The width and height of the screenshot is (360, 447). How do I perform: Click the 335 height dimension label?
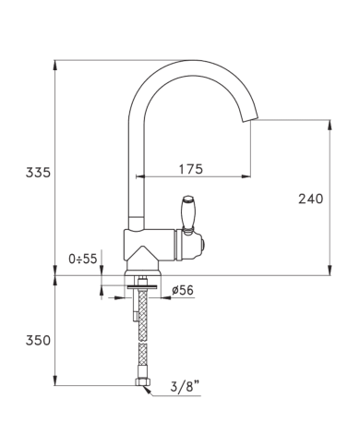38,173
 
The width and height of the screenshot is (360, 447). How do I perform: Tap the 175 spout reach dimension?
191,169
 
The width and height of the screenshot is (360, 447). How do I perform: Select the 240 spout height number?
310,199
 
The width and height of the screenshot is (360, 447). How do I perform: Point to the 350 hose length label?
38,341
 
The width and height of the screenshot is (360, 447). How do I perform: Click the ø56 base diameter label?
183,290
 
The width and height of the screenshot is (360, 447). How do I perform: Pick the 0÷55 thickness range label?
83,259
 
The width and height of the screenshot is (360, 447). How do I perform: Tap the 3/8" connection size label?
186,386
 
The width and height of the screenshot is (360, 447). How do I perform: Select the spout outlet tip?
249,119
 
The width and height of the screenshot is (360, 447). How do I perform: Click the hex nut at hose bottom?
143,382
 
